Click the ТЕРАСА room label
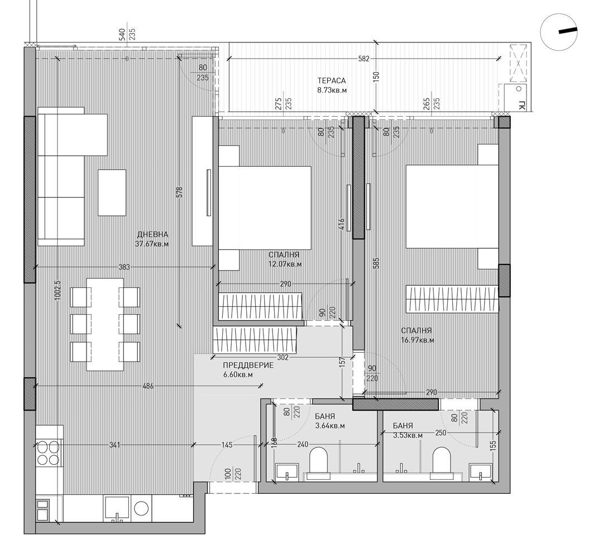click(331, 80)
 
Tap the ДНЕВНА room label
click(152, 235)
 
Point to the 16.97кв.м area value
click(417, 339)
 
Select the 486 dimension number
click(149, 386)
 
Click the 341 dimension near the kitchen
click(114, 445)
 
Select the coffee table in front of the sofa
click(113, 193)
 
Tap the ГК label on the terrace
click(521, 106)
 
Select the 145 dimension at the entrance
click(227, 445)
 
